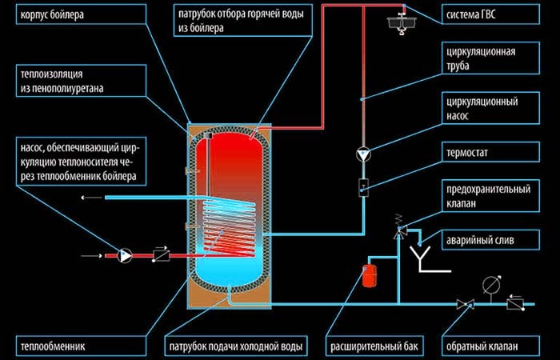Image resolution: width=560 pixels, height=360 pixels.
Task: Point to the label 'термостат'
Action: click(x=473, y=150)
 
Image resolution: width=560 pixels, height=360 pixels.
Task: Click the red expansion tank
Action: click(x=370, y=274)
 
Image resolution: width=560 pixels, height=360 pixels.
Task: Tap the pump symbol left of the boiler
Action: click(x=126, y=255)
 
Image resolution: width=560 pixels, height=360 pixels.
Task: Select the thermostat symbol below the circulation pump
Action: click(x=364, y=188)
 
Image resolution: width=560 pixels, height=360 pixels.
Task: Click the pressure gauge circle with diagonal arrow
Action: click(x=488, y=284)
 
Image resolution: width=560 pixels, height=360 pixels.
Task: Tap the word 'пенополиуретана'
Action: click(x=70, y=88)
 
